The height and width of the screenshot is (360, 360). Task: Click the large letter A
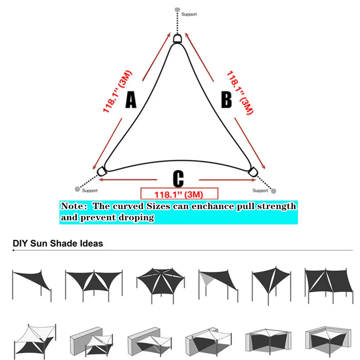[x=131, y=100]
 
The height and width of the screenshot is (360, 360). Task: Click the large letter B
[x=226, y=99]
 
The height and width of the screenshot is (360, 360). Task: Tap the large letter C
[x=178, y=179]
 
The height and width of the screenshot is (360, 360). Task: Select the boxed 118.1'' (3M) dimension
[x=179, y=194]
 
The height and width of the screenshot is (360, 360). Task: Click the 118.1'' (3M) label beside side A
[x=117, y=91]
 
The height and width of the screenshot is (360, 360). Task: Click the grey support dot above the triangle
[x=177, y=10]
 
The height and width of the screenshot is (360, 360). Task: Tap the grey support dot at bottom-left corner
[x=77, y=189]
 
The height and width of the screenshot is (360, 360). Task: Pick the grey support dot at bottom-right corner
[x=274, y=191]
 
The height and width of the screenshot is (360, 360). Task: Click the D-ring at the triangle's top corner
[x=177, y=39]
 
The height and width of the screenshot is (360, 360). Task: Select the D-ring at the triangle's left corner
[x=102, y=171]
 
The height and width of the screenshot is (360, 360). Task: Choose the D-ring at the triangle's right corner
[x=253, y=172]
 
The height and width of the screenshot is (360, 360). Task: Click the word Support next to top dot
[x=189, y=14]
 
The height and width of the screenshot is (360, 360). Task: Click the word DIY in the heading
[x=21, y=243]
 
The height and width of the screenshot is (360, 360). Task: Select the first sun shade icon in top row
[x=32, y=285]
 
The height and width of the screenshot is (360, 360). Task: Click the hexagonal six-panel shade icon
[x=161, y=285]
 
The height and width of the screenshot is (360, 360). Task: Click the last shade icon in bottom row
[x=328, y=342]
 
